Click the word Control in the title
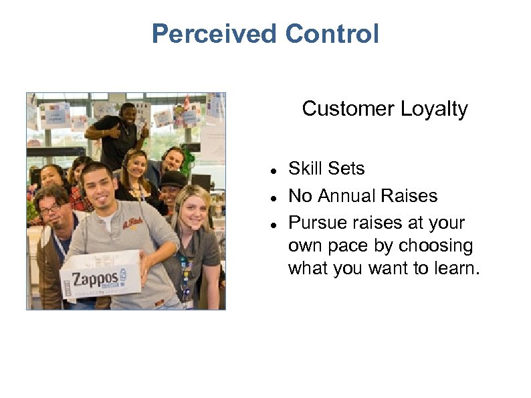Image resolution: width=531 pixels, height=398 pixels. click(x=332, y=33)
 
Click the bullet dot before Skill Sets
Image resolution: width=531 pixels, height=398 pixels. click(x=275, y=171)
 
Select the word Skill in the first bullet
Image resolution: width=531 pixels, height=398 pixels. click(x=306, y=169)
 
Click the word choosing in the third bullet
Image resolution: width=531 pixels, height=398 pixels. click(x=434, y=246)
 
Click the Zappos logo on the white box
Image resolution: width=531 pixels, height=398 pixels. click(x=98, y=276)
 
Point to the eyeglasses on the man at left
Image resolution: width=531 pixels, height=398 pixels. click(x=50, y=209)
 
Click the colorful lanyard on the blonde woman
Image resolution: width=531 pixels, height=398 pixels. click(x=185, y=268)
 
